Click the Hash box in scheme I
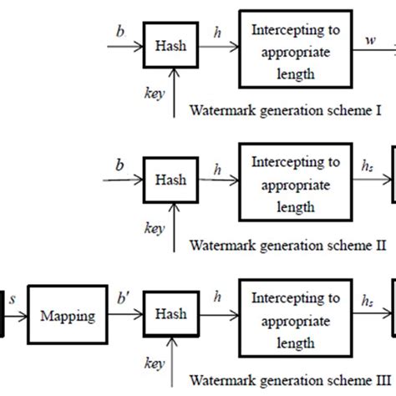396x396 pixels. pos(171,46)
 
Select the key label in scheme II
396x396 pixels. pos(153,227)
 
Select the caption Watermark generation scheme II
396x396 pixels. pos(287,245)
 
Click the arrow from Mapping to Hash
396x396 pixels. pos(125,316)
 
